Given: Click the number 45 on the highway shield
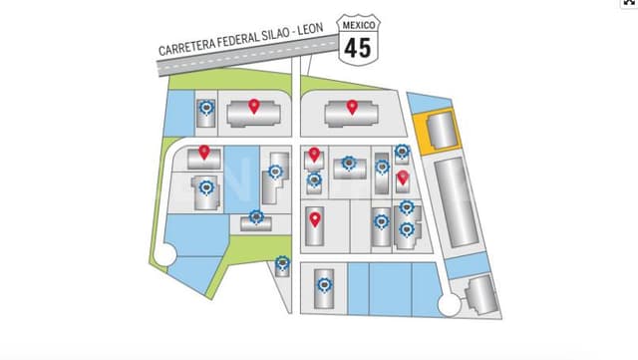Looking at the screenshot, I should (359, 46).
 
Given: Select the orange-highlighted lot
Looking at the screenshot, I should (440, 131).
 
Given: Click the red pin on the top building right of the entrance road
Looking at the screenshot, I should (352, 106).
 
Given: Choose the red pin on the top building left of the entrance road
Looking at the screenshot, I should (253, 106).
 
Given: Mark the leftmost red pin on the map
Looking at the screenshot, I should (203, 152).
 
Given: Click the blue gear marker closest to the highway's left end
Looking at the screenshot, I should (206, 108).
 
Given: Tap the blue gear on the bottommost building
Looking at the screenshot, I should (321, 284).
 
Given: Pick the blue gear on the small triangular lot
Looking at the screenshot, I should (283, 263).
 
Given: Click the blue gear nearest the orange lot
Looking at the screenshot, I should (402, 152).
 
